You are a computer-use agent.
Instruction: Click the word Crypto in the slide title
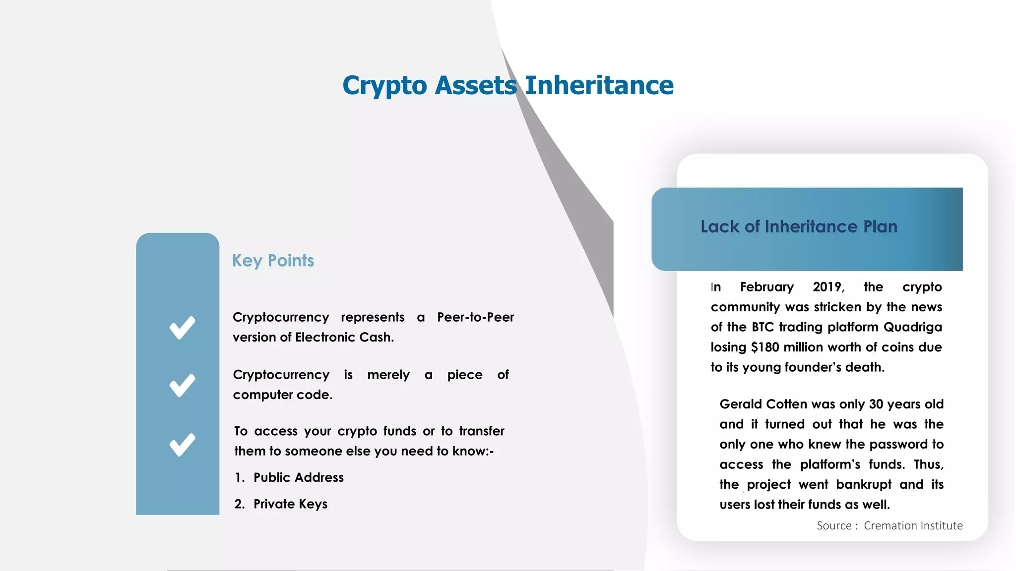pyautogui.click(x=384, y=85)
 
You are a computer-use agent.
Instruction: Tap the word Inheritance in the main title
pyautogui.click(x=599, y=85)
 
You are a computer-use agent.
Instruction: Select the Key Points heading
pyautogui.click(x=273, y=261)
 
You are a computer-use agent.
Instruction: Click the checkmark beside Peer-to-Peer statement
pyautogui.click(x=182, y=328)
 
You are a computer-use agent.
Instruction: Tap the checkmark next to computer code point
pyautogui.click(x=182, y=385)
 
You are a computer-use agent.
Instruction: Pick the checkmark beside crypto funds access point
pyautogui.click(x=182, y=445)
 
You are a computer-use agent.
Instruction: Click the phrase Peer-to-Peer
pyautogui.click(x=475, y=317)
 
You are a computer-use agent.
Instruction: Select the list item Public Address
pyautogui.click(x=298, y=477)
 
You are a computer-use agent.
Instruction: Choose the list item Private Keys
pyautogui.click(x=290, y=504)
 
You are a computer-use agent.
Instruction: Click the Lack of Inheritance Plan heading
pyautogui.click(x=799, y=227)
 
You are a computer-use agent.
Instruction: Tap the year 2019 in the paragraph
pyautogui.click(x=827, y=287)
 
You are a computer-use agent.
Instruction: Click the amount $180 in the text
pyautogui.click(x=765, y=347)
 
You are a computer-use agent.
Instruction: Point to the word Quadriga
pyautogui.click(x=913, y=327)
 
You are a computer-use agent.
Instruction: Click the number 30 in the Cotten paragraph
pyautogui.click(x=876, y=404)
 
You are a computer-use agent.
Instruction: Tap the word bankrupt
pyautogui.click(x=864, y=485)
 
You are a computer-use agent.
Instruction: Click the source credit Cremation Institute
pyautogui.click(x=913, y=526)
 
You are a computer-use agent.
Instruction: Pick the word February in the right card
pyautogui.click(x=767, y=287)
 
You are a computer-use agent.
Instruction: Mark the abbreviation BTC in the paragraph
pyautogui.click(x=762, y=327)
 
